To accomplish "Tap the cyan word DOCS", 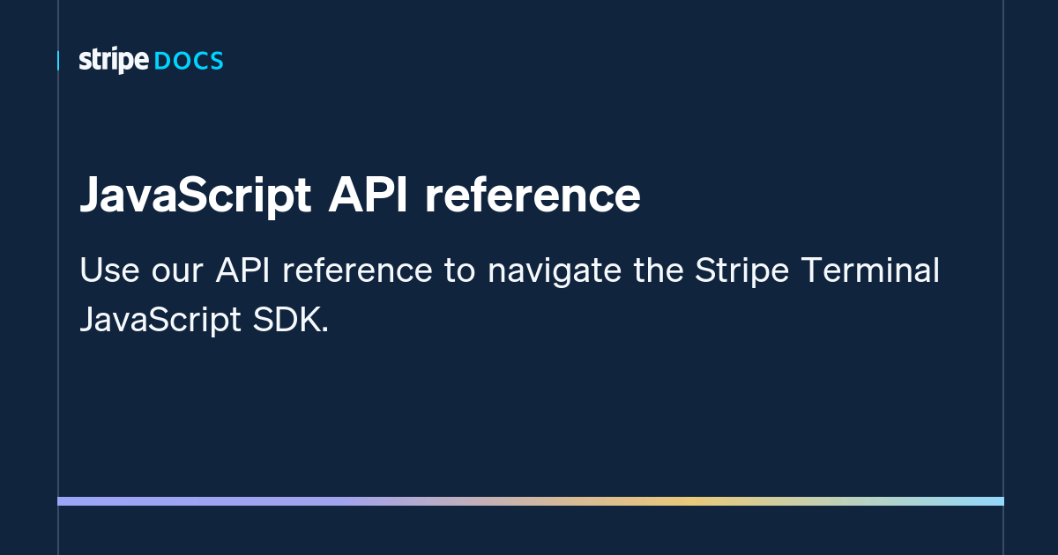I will tap(189, 62).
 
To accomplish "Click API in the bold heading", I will tap(368, 196).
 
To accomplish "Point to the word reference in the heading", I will tap(532, 196).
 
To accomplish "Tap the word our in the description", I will tap(175, 271).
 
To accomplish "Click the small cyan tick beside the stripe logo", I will tap(58, 61).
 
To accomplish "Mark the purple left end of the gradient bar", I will tap(63, 501).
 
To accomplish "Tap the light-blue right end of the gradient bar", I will tap(998, 501).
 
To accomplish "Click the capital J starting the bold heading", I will tap(90, 196).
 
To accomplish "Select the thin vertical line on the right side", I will tap(1004, 264).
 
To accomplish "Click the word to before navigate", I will tap(459, 271).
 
